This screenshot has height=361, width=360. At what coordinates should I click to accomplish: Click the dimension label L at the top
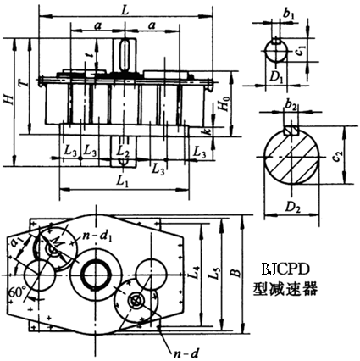125,8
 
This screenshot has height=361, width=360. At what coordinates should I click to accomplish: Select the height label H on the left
9,100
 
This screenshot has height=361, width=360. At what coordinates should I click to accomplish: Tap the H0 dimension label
224,108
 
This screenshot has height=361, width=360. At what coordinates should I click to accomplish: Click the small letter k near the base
207,135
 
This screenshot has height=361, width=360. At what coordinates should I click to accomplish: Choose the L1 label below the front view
122,181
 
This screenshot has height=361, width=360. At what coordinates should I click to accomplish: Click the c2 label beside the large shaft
337,158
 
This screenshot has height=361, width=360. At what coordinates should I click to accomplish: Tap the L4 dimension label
194,273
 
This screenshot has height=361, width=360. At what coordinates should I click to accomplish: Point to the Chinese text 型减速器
285,289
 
